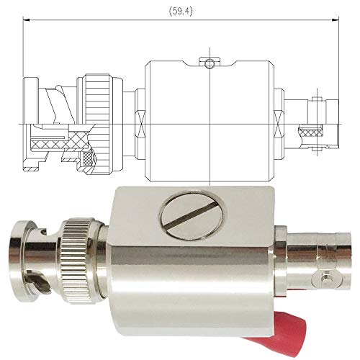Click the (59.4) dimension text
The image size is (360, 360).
(181, 12)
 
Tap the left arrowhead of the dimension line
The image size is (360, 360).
(26, 20)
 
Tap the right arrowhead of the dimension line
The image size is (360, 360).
(336, 20)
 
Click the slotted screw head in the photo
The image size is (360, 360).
(193, 215)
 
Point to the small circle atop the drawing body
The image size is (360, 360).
(210, 63)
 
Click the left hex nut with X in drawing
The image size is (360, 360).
(140, 125)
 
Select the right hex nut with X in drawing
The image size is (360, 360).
(279, 125)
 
